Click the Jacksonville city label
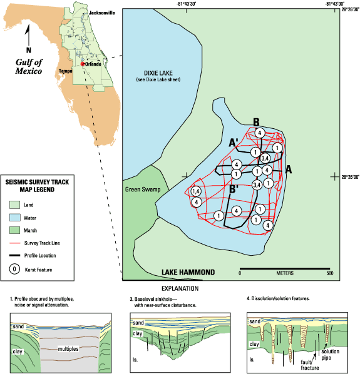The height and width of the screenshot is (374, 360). pos(101,13)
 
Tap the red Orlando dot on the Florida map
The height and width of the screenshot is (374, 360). pos(83,64)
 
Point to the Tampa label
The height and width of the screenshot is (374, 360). pos(65,71)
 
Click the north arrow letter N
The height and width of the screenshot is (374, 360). pos(29,50)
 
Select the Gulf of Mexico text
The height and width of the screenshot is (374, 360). pos(29,66)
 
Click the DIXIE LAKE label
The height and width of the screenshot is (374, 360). pos(158,73)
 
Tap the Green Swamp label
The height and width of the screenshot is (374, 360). pos(143,190)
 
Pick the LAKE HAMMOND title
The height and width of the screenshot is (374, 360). pos(188,272)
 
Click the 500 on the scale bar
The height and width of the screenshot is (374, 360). pos(330,273)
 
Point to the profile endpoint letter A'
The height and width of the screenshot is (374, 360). pos(234,143)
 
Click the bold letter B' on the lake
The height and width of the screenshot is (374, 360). pos(234,189)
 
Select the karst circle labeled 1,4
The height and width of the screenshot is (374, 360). pos(196,191)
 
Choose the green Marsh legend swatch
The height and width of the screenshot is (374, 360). pos(14,230)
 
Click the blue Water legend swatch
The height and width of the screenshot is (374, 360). pos(14,218)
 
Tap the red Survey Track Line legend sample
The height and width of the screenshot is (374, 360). pos(14,243)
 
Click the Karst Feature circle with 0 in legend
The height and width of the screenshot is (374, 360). pos(14,270)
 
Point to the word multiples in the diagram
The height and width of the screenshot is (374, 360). pos(68,349)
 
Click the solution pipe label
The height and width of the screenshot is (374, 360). pos(330,355)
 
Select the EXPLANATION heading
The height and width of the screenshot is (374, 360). pos(180,288)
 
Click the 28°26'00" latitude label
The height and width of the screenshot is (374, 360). pos(350,177)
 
